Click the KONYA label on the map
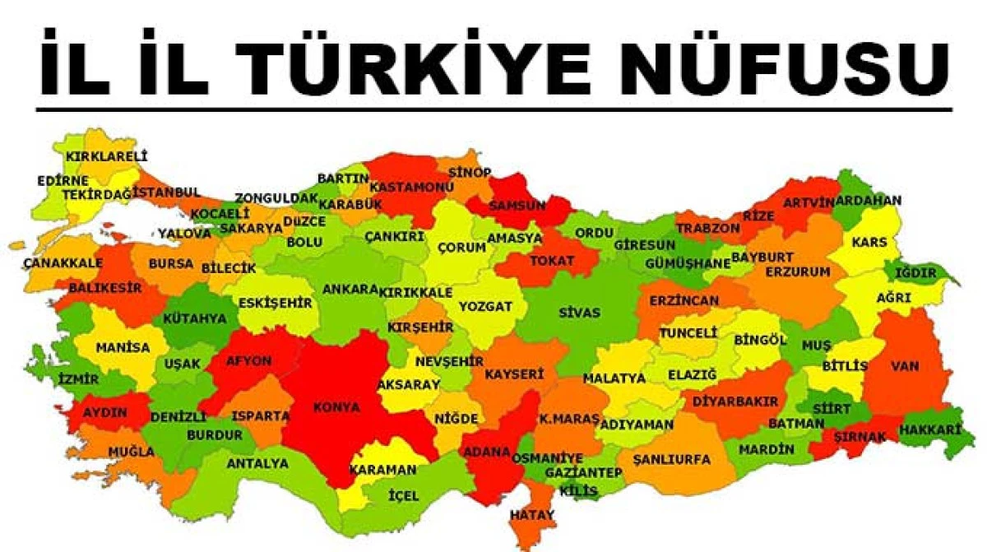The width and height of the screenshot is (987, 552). pyautogui.click(x=336, y=406)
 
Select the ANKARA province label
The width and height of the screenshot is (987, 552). pyautogui.click(x=350, y=290)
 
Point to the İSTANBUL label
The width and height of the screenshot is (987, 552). pyautogui.click(x=167, y=192)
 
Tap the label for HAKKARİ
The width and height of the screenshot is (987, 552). pyautogui.click(x=930, y=429)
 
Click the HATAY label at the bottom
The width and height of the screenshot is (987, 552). pyautogui.click(x=532, y=515)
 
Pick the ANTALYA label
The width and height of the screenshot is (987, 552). pyautogui.click(x=257, y=463)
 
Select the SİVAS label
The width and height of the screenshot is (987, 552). pyautogui.click(x=579, y=313)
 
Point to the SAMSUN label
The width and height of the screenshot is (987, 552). pyautogui.click(x=517, y=206)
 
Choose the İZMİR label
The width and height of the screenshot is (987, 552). pyautogui.click(x=79, y=379)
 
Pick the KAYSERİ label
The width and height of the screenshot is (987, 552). pyautogui.click(x=514, y=373)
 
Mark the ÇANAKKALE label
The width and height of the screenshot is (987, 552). pyautogui.click(x=63, y=262)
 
